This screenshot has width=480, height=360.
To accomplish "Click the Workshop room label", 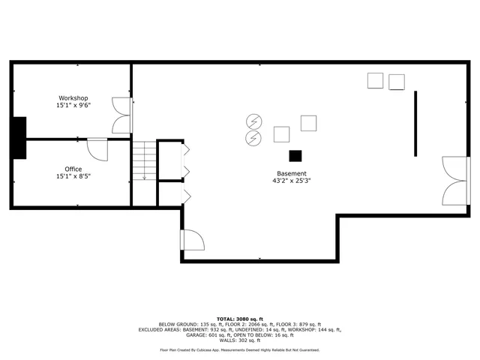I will click(73, 98).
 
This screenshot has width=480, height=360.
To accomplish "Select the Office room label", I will click(73, 169).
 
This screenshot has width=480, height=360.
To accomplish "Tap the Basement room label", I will click(292, 173).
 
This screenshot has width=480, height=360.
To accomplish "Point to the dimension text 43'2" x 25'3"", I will click(292, 181).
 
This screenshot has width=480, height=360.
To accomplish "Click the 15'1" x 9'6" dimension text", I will click(73, 106).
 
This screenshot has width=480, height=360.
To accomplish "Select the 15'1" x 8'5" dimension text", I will click(73, 176).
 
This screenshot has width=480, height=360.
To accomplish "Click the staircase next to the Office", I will click(143, 160).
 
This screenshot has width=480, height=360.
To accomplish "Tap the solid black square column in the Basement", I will click(295, 155).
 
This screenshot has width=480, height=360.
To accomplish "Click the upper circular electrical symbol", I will click(254, 121).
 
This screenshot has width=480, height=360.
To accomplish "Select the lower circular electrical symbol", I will click(254, 137).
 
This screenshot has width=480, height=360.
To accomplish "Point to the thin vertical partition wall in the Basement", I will click(415, 123).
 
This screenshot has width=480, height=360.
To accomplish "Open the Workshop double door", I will click(121, 115).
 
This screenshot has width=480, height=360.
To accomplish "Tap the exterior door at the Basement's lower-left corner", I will click(191, 241).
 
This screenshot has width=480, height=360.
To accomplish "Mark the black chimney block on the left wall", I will click(19, 138).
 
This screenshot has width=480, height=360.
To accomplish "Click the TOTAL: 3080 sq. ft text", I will click(239, 318).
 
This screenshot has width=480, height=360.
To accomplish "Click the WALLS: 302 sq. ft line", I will click(239, 341).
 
